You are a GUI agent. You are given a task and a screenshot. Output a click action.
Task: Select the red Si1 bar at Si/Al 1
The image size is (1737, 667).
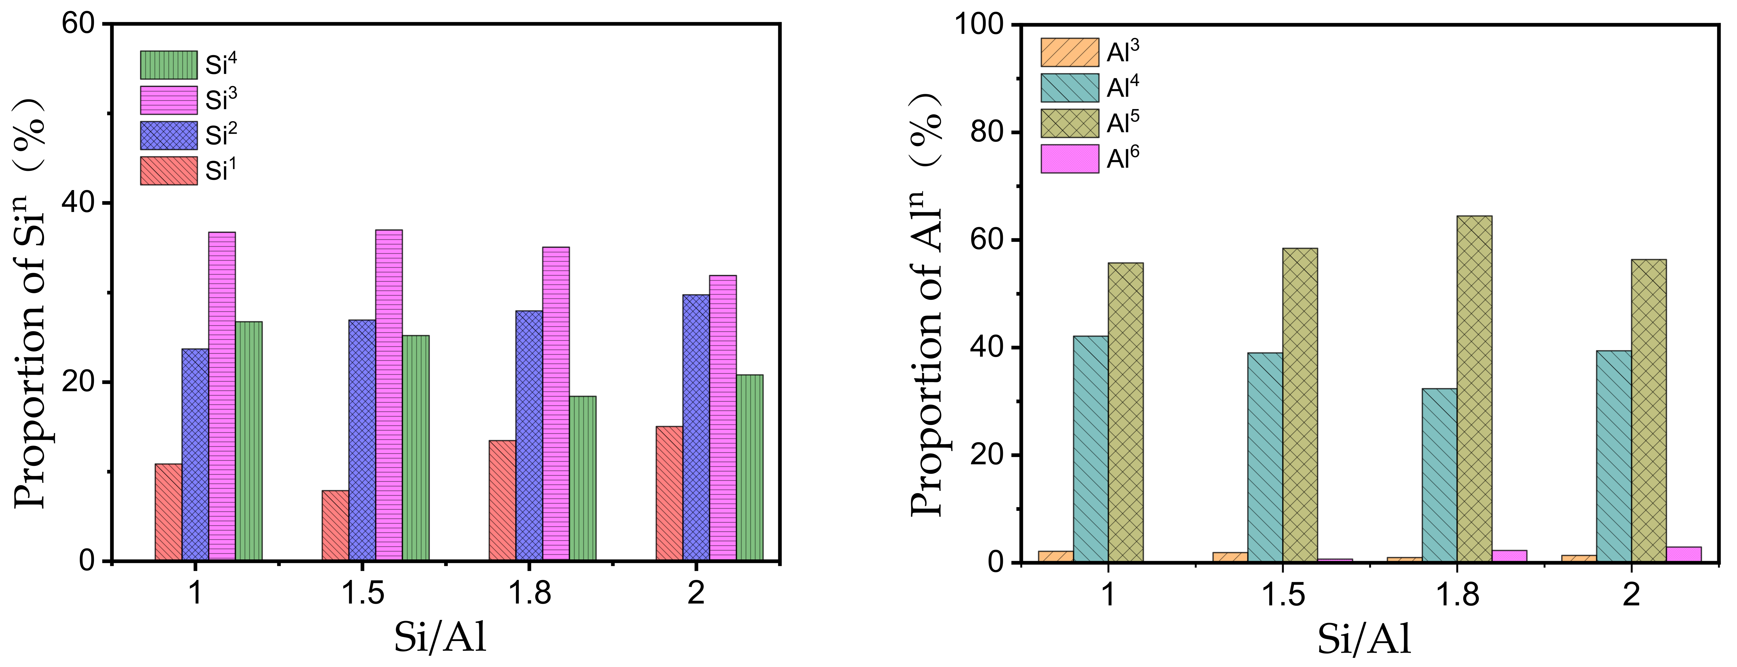point(169,512)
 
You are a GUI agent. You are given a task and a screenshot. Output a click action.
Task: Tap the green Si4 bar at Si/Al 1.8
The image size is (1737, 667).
point(583,478)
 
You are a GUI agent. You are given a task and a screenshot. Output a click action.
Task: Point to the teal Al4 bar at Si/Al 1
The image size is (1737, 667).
point(1090,449)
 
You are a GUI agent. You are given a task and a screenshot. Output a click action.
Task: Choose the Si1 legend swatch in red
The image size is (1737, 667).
point(169,170)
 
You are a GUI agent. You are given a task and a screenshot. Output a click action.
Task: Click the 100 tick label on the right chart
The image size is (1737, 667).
point(979,25)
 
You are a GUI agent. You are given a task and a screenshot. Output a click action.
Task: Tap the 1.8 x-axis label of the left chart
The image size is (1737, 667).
point(529,593)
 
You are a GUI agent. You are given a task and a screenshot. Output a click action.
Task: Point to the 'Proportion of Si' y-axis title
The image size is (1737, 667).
point(30,303)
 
